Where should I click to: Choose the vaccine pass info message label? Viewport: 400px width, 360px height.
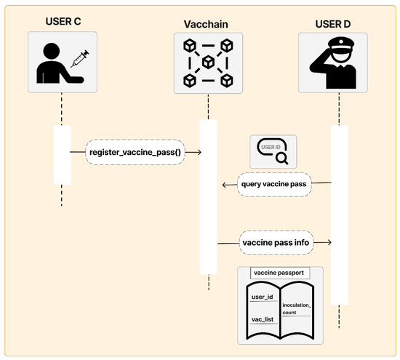click(x=276, y=241)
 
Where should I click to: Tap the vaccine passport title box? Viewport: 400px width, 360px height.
click(x=280, y=273)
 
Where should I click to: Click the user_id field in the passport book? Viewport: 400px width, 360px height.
click(x=262, y=297)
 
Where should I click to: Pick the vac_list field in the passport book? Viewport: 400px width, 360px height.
click(x=262, y=319)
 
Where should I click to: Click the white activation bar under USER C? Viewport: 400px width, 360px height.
click(x=62, y=155)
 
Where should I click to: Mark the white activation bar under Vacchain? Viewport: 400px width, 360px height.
click(x=208, y=196)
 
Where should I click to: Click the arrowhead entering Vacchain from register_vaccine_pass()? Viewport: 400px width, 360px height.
click(x=197, y=153)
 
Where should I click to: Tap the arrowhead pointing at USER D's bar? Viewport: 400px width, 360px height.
click(x=329, y=241)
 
